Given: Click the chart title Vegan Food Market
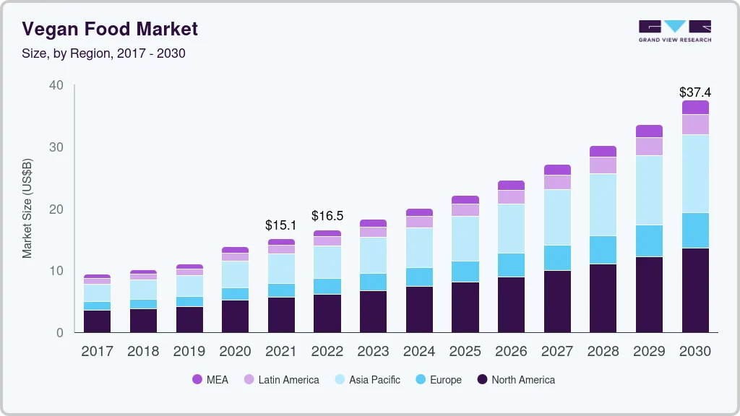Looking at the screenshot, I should (109, 29).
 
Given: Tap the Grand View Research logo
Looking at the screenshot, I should (674, 31).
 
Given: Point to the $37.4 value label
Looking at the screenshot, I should (695, 92).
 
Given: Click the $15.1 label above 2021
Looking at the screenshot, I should (281, 225).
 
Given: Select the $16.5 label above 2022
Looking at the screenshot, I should (327, 216).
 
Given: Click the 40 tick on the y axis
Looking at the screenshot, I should (56, 85).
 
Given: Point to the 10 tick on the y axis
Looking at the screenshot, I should (56, 271).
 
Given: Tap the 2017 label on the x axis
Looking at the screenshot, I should (97, 352).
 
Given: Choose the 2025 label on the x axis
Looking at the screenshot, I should (465, 352).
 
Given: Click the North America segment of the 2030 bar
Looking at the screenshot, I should (695, 290).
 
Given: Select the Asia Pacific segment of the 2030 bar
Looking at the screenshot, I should (695, 173).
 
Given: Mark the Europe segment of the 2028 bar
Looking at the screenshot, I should (603, 250).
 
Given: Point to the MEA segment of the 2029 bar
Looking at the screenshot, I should (649, 131).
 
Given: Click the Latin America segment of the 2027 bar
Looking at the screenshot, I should (557, 182).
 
